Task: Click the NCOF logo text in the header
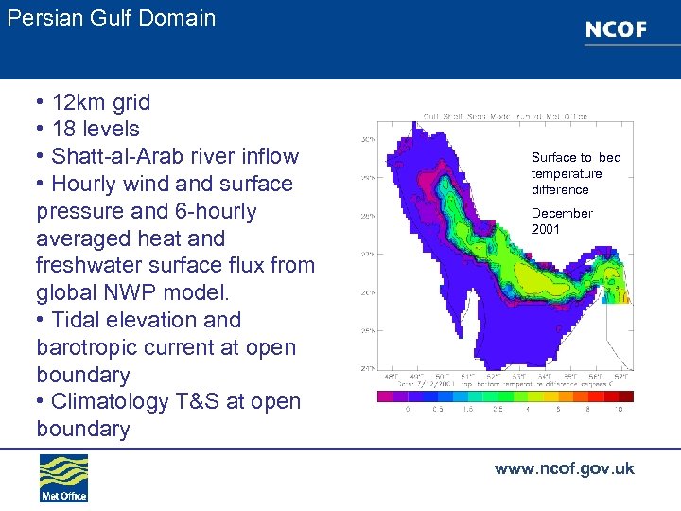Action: [x=616, y=29]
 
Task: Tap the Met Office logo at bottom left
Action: [x=63, y=479]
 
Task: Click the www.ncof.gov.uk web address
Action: [x=564, y=468]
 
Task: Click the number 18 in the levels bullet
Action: [x=64, y=130]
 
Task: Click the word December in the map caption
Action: [x=562, y=213]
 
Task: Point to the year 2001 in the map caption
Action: [x=546, y=229]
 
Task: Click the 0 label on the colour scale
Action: [x=408, y=410]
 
